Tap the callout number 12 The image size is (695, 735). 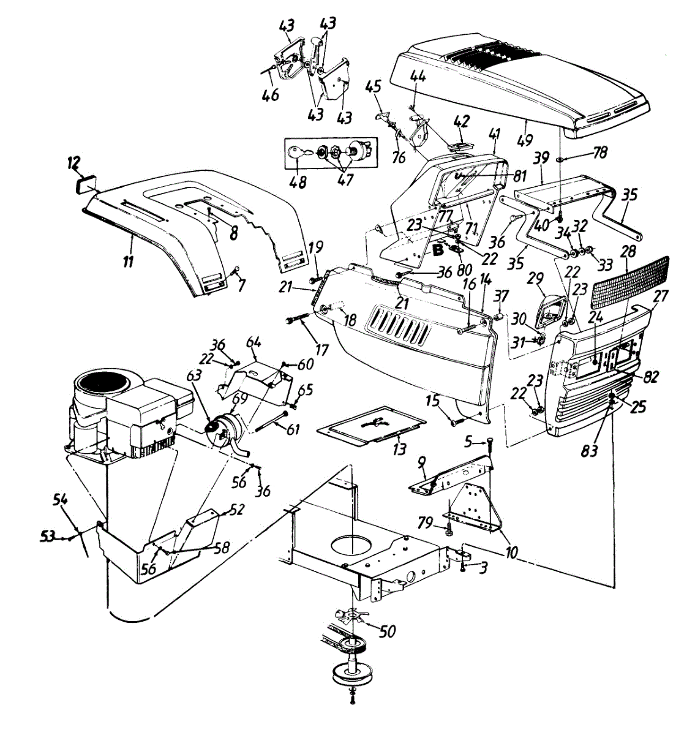coord(73,162)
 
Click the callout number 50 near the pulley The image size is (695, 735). coord(387,631)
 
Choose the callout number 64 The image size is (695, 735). coord(254,341)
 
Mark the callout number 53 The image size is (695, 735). coord(47,537)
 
